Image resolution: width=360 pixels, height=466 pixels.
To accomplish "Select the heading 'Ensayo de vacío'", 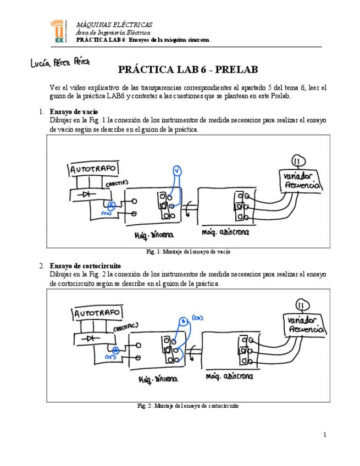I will (74, 112).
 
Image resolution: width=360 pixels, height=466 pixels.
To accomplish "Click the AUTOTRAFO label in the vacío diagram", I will (93, 170).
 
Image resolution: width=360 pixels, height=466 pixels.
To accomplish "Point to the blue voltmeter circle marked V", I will (176, 171).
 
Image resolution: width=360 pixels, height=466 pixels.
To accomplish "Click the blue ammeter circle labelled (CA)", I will (184, 321).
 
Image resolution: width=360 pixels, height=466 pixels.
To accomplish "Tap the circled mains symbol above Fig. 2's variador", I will (302, 306).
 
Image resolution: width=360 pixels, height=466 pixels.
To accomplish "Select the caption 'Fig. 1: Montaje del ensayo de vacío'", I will (188, 252).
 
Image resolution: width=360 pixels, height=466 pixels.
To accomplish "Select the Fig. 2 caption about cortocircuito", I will (188, 406).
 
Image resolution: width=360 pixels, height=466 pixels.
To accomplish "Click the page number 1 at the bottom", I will (325, 435).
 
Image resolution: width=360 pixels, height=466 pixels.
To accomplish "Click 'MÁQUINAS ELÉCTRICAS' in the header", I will (114, 25).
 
